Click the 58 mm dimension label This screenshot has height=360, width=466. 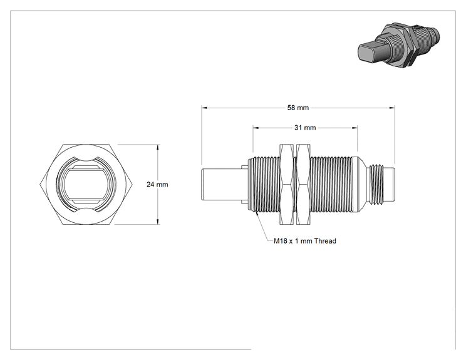click(x=298, y=108)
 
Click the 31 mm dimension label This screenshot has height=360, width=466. click(x=305, y=128)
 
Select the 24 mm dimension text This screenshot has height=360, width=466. click(x=157, y=185)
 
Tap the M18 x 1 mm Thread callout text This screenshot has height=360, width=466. click(x=305, y=241)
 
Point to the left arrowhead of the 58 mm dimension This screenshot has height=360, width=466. click(x=204, y=108)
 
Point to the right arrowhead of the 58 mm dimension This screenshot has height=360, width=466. click(x=392, y=108)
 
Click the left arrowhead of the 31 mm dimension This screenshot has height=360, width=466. click(x=256, y=128)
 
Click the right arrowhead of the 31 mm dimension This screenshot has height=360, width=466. click(x=355, y=128)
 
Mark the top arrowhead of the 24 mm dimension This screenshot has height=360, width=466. click(x=158, y=147)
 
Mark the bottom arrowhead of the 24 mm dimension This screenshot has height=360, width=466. click(x=158, y=221)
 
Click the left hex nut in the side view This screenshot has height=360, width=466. click(x=287, y=184)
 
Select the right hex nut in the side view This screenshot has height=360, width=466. click(x=303, y=184)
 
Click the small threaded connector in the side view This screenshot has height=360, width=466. click(x=381, y=185)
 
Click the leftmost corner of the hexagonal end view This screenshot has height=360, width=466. click(x=39, y=185)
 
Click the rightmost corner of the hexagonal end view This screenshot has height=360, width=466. click(x=132, y=185)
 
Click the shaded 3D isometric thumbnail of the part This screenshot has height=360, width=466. click(x=398, y=45)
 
